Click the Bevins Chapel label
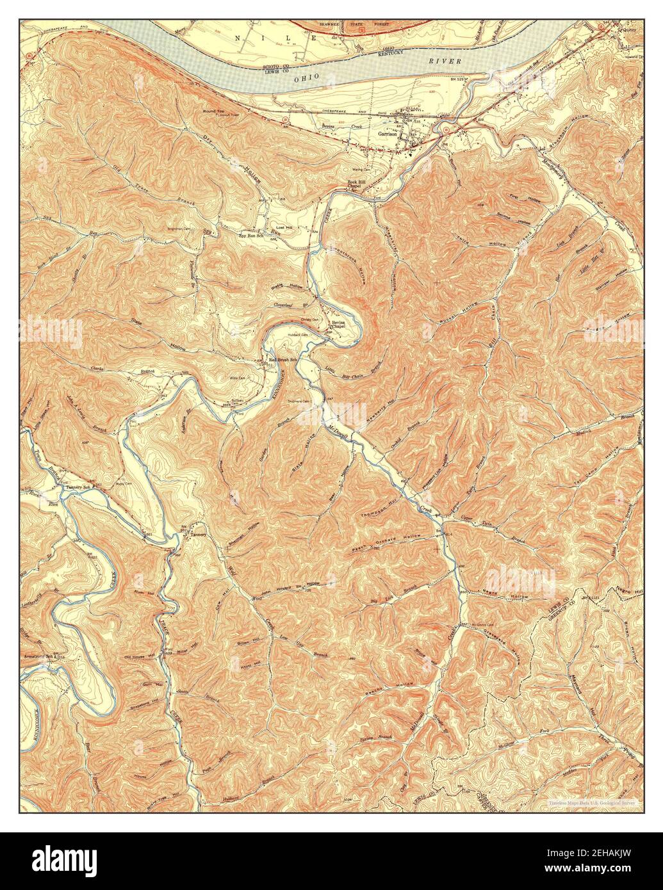click(338, 325)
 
